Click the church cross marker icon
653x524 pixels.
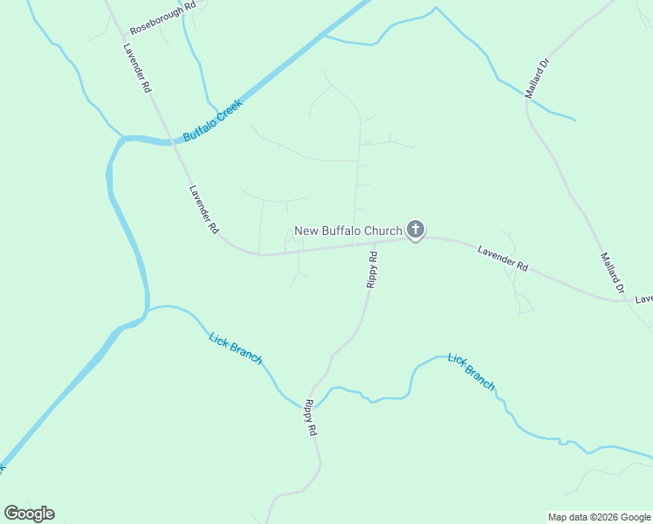coord(416,231)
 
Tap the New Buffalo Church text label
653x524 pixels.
coord(347,231)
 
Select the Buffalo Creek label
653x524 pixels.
coord(212,121)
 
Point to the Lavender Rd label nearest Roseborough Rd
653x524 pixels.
coord(138,69)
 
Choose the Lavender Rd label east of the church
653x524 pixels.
coord(503,259)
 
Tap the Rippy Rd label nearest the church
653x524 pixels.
coord(372,270)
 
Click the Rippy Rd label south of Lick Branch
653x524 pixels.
coord(310,418)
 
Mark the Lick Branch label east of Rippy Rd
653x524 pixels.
coord(471,371)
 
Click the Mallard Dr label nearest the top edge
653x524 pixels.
coord(537,79)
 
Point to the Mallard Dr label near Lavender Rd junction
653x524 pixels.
coord(613,273)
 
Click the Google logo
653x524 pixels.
coord(29,514)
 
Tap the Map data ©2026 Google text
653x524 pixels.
coord(599,517)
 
